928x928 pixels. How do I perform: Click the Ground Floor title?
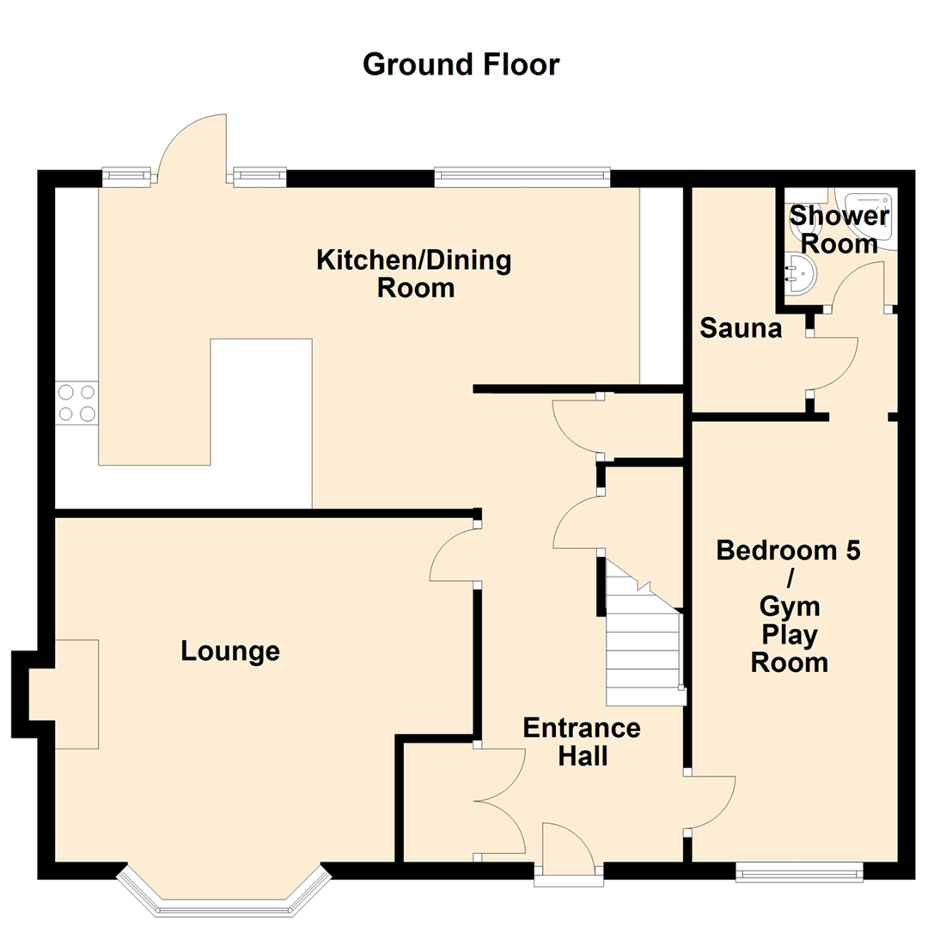tap(461, 64)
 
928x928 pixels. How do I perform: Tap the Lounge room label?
tap(230, 651)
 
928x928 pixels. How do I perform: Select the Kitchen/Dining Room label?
tap(414, 273)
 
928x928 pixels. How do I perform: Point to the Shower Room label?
tap(838, 229)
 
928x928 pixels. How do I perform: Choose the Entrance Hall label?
tap(583, 742)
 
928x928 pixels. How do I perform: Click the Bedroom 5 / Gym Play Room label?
tap(789, 606)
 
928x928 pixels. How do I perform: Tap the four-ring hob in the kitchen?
tap(76, 402)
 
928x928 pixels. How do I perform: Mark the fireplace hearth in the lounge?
tap(64, 693)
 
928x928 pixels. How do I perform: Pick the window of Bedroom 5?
tap(798, 873)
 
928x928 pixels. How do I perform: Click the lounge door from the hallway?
tap(453, 557)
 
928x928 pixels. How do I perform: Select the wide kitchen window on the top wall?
tap(522, 178)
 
